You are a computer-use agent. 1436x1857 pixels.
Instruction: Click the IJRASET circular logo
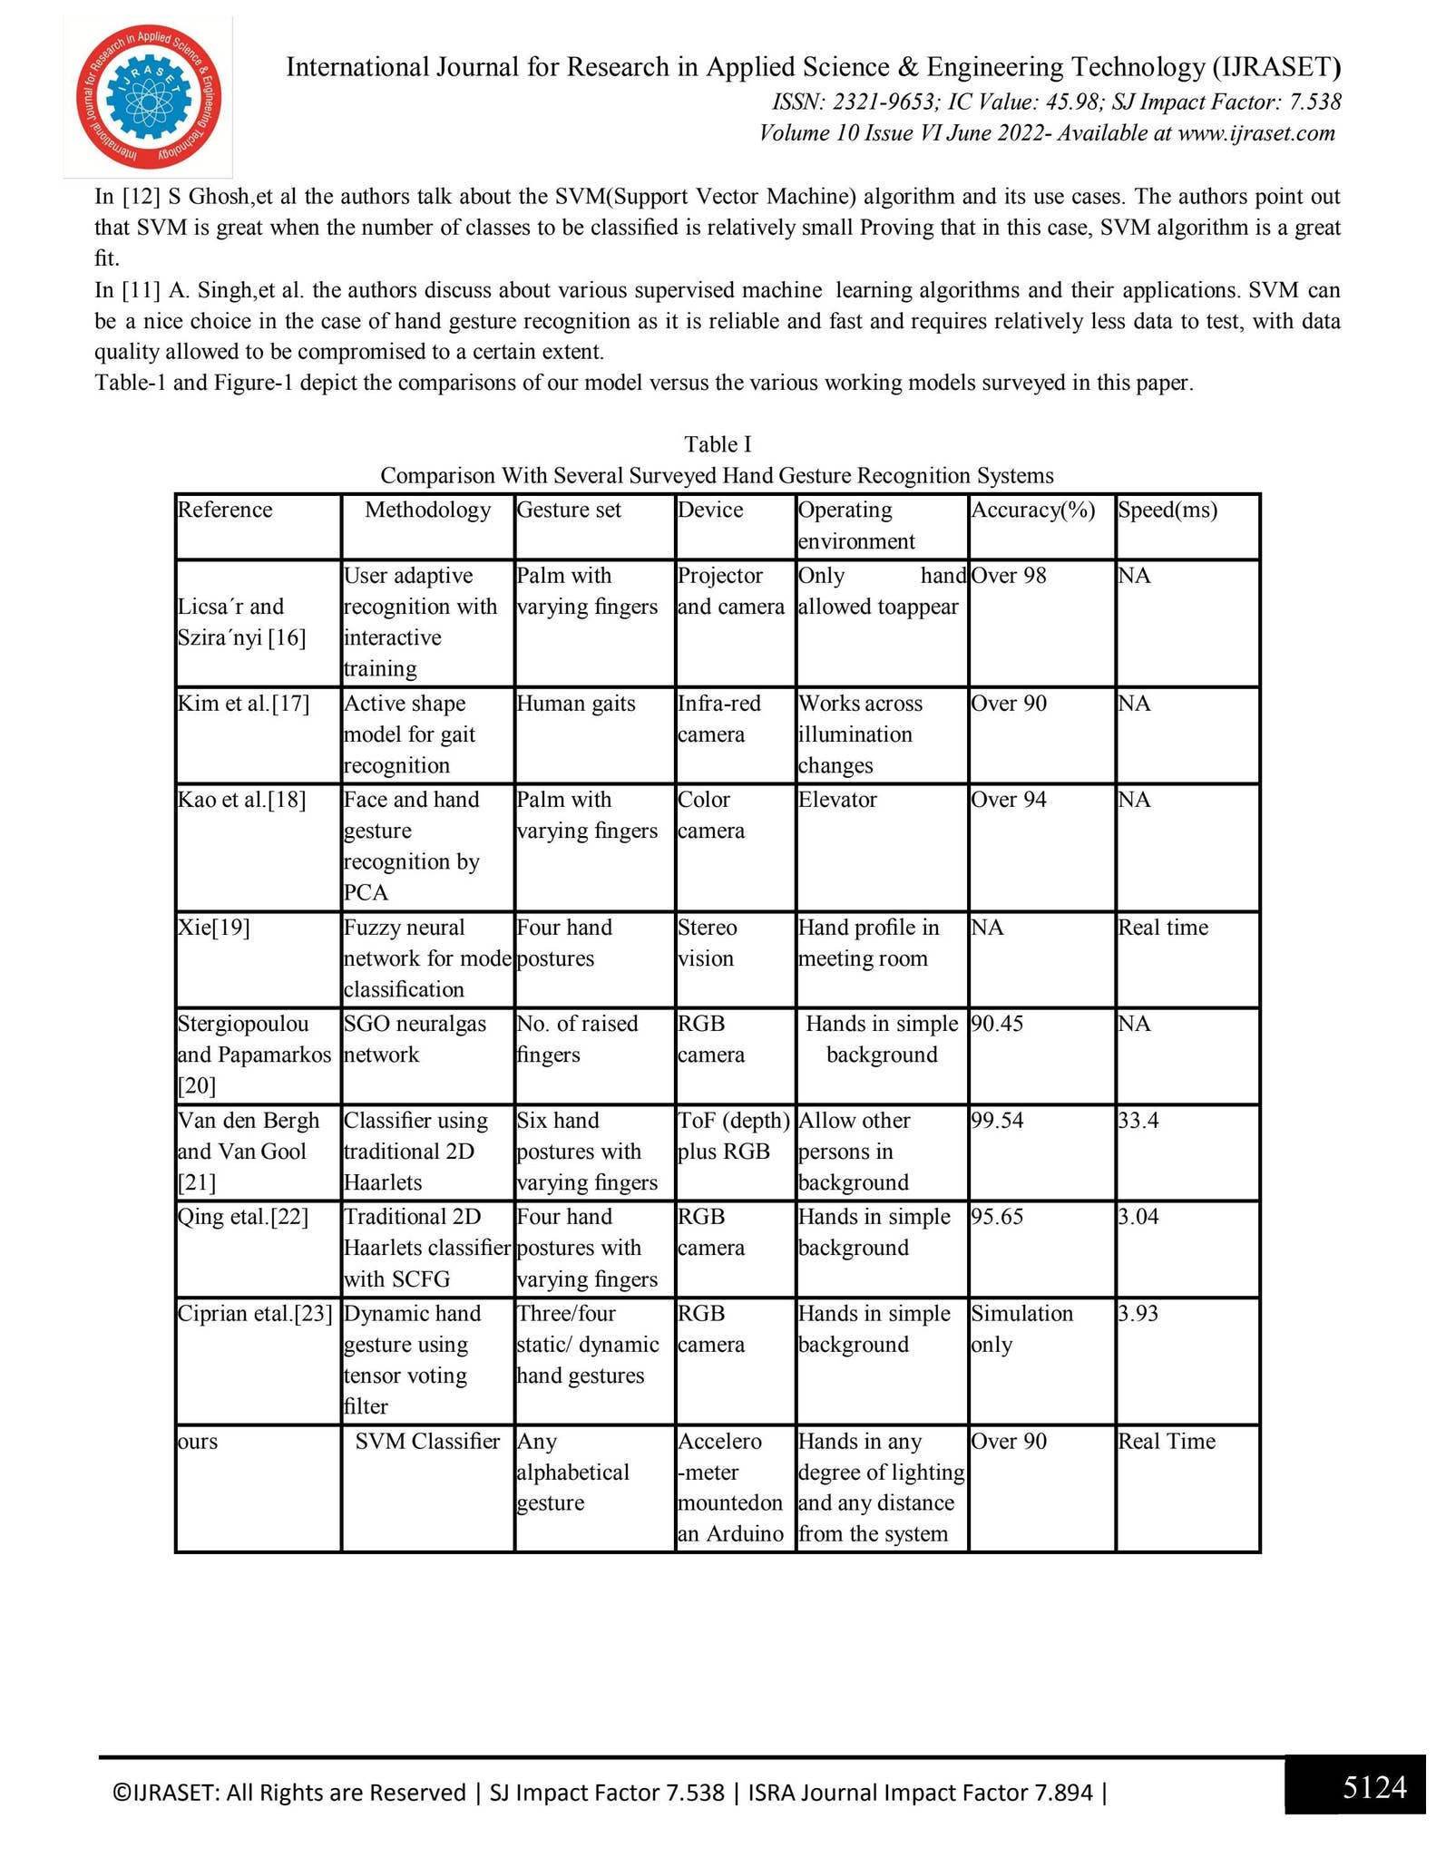pos(149,98)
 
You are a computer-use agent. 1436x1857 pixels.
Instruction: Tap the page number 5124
pos(1374,1787)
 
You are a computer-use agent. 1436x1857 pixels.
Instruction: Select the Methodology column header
pos(427,510)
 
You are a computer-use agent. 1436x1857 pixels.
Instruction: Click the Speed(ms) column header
pos(1167,510)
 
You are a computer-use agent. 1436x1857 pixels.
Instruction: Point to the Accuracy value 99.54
pos(997,1121)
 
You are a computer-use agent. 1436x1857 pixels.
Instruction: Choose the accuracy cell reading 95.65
pos(997,1217)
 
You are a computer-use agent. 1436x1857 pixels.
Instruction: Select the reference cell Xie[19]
pos(214,928)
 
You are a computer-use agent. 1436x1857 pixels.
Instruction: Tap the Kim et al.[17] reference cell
pos(243,704)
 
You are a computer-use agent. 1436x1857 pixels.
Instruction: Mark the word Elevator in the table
pos(837,800)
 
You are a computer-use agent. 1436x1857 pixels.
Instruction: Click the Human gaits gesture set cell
pos(576,704)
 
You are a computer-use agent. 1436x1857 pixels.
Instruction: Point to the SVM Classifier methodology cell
pos(427,1442)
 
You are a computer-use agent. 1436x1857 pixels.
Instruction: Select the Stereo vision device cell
pos(708,943)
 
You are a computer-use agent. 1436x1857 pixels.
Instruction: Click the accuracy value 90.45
pos(997,1024)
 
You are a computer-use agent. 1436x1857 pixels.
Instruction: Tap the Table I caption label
pos(718,444)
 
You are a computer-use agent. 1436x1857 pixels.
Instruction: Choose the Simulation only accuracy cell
pos(1021,1329)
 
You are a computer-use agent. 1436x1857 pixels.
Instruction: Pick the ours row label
pos(198,1442)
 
